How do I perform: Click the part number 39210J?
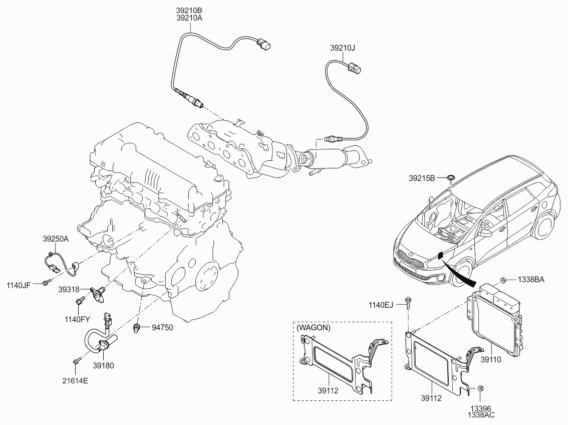click(x=342, y=49)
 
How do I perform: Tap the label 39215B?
click(x=422, y=177)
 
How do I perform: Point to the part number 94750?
click(x=162, y=328)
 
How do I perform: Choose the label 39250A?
click(x=56, y=240)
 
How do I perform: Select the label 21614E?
click(x=75, y=380)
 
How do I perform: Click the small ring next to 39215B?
click(x=450, y=177)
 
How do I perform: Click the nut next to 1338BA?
click(x=503, y=280)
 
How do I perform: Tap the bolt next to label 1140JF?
click(x=46, y=284)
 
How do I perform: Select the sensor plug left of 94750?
click(x=136, y=328)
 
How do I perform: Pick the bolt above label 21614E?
click(x=76, y=360)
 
